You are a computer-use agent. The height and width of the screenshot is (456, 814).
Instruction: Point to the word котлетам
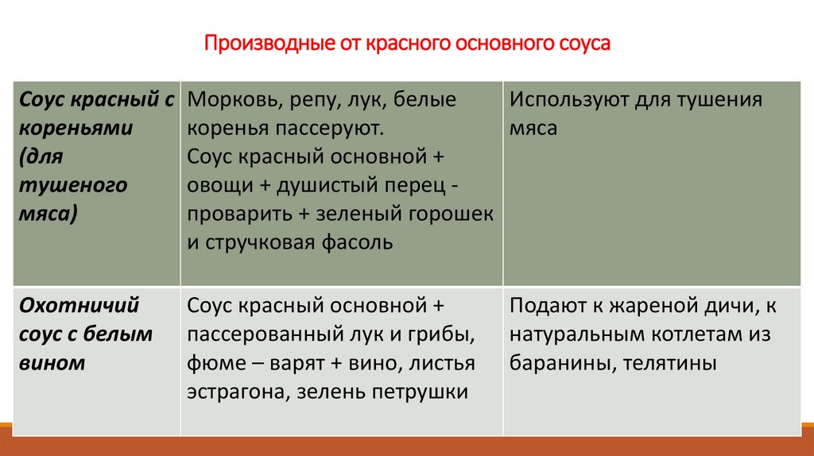pyautogui.click(x=688, y=334)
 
